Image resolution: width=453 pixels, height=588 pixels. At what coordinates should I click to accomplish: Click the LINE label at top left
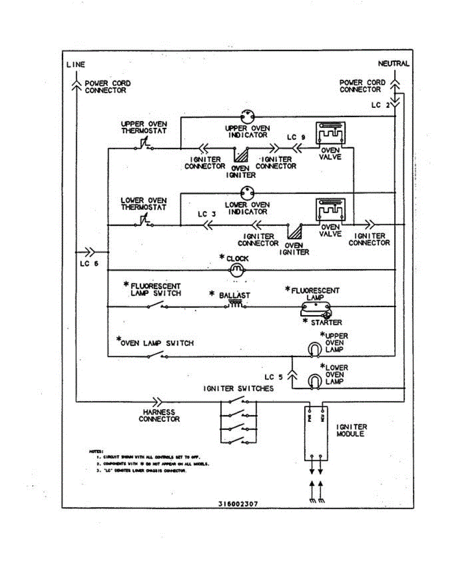click(x=75, y=64)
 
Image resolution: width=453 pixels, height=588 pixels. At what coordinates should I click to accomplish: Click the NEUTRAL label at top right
click(x=393, y=64)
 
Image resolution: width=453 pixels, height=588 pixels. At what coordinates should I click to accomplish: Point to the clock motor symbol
click(x=237, y=269)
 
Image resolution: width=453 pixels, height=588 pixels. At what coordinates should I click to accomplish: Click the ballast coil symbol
click(x=236, y=305)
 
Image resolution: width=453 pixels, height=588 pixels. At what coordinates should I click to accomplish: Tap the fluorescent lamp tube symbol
click(x=316, y=308)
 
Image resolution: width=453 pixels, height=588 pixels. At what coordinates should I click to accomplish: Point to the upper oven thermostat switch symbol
click(x=143, y=145)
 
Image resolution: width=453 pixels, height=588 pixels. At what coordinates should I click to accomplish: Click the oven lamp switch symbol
click(x=157, y=355)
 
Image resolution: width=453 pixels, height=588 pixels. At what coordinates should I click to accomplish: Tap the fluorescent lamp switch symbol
click(x=157, y=306)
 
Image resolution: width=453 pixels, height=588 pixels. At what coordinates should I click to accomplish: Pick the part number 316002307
click(x=238, y=503)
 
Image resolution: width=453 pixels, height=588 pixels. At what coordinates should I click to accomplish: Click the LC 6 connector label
click(x=89, y=263)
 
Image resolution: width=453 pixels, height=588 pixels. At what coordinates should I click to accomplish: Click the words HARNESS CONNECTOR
click(x=159, y=416)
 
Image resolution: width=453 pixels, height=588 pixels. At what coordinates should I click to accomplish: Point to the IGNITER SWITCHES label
click(x=238, y=389)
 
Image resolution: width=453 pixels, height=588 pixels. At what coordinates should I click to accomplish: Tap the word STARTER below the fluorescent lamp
click(x=326, y=322)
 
